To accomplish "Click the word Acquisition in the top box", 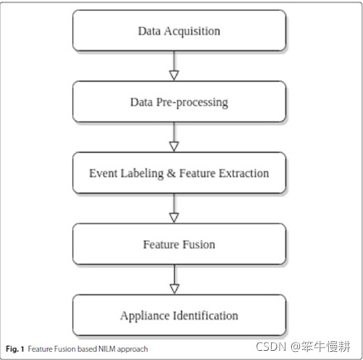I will pyautogui.click(x=194, y=31).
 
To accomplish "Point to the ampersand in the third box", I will pyautogui.click(x=163, y=174).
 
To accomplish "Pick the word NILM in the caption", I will pyautogui.click(x=103, y=348).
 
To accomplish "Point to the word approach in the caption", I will pyautogui.click(x=132, y=348).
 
